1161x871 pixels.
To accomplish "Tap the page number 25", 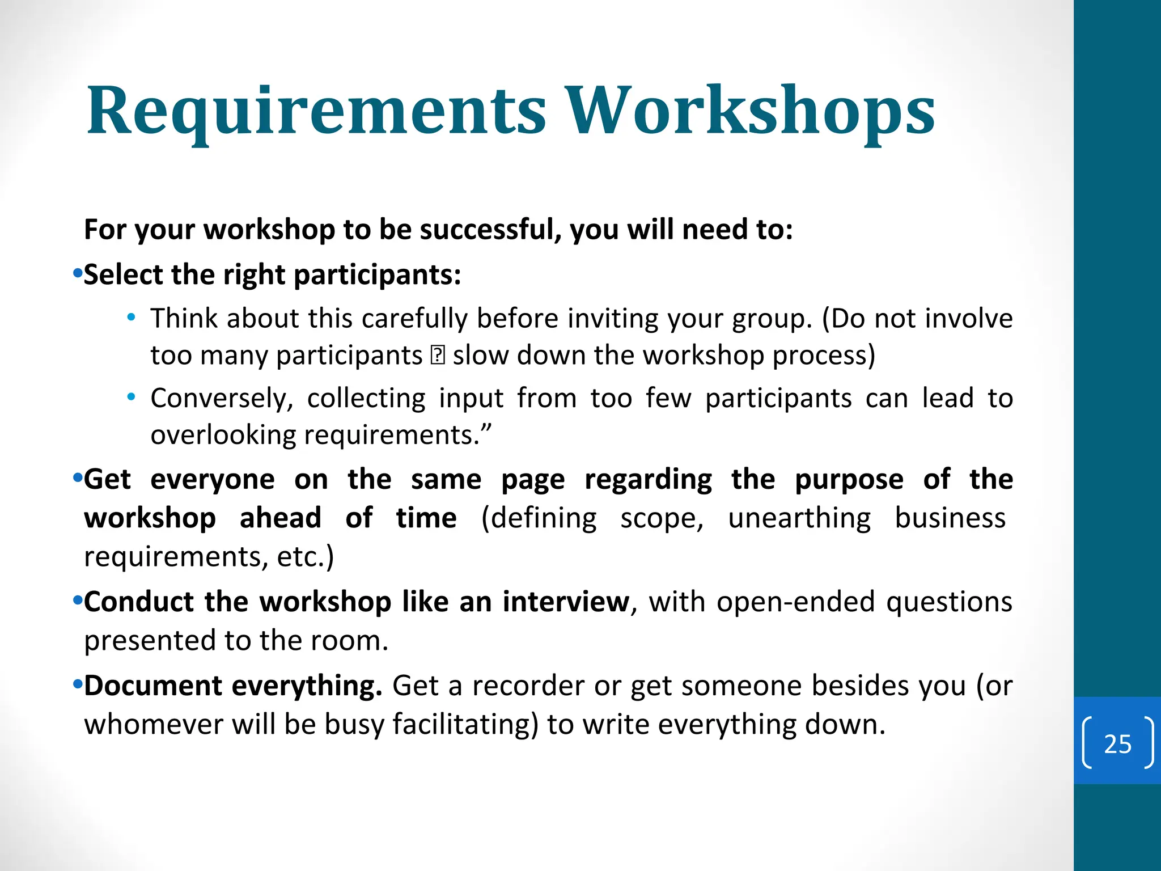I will point(1117,743).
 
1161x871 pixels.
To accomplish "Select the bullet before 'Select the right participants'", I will point(78,274).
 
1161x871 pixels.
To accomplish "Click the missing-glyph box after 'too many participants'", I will point(438,356).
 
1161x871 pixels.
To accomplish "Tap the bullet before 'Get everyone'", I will point(78,479).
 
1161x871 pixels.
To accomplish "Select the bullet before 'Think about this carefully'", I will point(131,318).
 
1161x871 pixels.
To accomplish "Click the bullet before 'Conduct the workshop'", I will point(78,601).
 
